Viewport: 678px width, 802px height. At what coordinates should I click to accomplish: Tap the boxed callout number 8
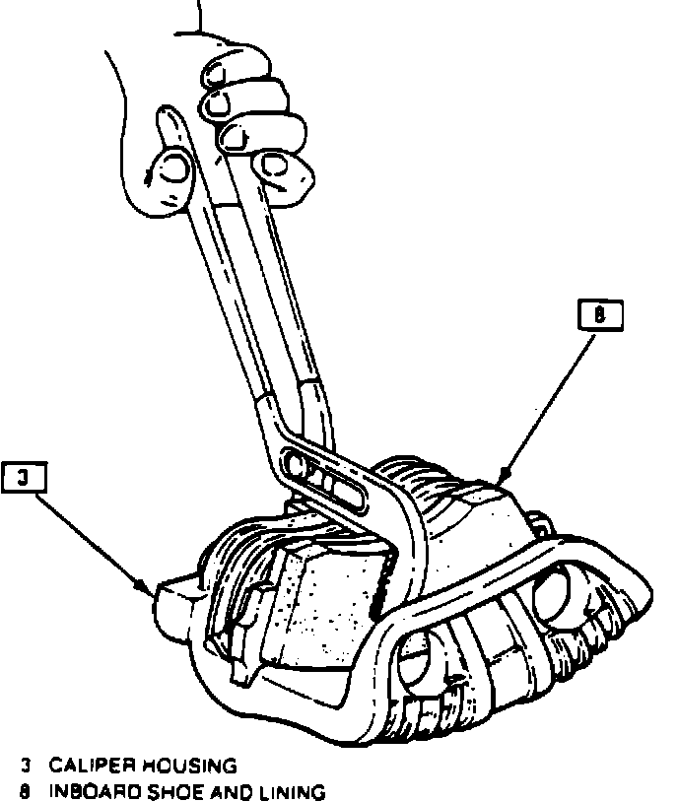point(598,315)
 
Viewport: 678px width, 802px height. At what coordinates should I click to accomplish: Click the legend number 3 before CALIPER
point(27,765)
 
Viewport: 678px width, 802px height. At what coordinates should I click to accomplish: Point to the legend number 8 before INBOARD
point(27,790)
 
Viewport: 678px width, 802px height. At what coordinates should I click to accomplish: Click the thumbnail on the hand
point(173,168)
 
